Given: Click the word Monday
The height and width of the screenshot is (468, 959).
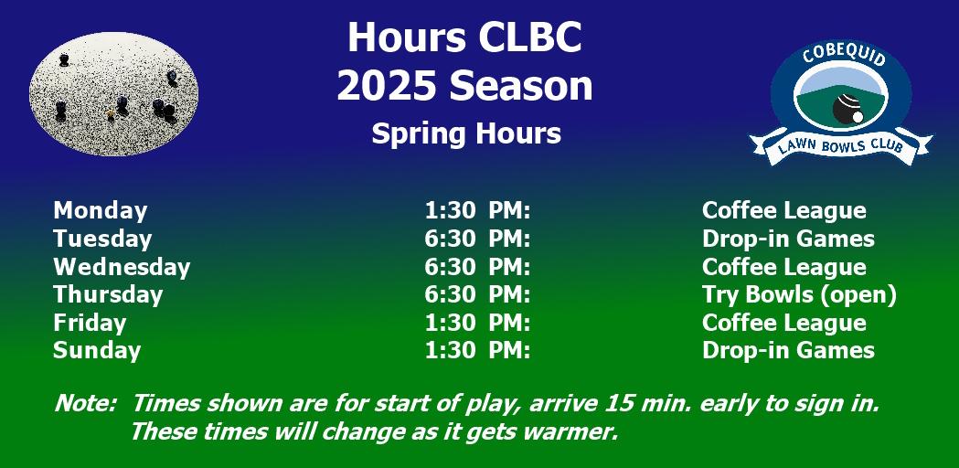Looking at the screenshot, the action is click(101, 210).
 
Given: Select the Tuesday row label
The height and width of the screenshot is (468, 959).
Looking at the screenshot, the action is click(102, 239).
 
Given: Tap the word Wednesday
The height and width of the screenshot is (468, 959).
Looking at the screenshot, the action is click(122, 267).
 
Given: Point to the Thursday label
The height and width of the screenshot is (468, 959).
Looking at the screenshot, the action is click(108, 295).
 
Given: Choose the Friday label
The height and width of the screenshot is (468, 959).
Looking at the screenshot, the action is click(90, 323).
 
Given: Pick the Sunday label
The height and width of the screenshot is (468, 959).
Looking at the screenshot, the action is click(97, 351).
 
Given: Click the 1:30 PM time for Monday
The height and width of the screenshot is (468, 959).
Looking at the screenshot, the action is click(477, 210).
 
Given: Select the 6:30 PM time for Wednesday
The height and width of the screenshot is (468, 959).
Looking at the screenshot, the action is click(477, 267).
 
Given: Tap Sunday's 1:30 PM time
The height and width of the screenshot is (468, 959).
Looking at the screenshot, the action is click(477, 351).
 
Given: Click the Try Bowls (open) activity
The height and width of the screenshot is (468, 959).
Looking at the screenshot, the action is click(799, 295).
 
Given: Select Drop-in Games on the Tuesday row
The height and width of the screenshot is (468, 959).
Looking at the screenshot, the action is click(788, 239).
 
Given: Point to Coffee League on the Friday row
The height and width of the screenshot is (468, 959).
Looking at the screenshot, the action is click(784, 323).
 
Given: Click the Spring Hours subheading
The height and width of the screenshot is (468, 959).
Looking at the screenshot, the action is click(466, 133).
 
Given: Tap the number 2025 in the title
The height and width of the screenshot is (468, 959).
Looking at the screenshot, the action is click(388, 86).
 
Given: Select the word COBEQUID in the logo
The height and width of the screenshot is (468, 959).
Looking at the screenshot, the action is click(844, 57).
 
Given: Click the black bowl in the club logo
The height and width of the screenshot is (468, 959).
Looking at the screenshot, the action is click(847, 108).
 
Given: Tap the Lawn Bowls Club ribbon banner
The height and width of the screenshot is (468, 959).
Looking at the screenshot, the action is click(841, 146).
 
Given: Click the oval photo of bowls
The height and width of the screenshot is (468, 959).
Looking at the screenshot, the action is click(113, 93).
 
